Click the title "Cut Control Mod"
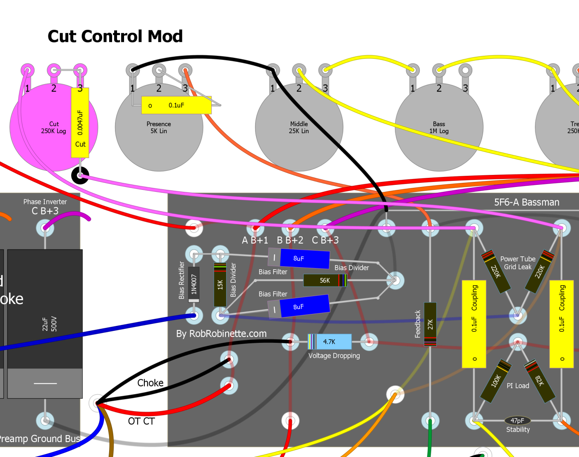pos(115,36)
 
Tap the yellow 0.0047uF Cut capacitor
pos(80,123)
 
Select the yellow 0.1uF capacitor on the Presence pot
pos(176,105)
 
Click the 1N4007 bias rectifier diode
pos(194,284)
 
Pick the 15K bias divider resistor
pos(220,284)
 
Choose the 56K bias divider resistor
pos(325,280)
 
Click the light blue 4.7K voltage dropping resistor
pos(330,342)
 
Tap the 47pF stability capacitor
pos(517,421)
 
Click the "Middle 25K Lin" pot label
pos(299,127)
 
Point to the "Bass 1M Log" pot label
pos(439,127)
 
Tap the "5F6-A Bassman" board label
pos(526,202)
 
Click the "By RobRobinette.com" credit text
pos(221,334)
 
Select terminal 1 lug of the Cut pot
pos(28,69)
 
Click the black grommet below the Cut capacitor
pos(80,175)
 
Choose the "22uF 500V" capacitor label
pos(50,324)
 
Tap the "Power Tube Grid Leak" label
pos(518,263)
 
